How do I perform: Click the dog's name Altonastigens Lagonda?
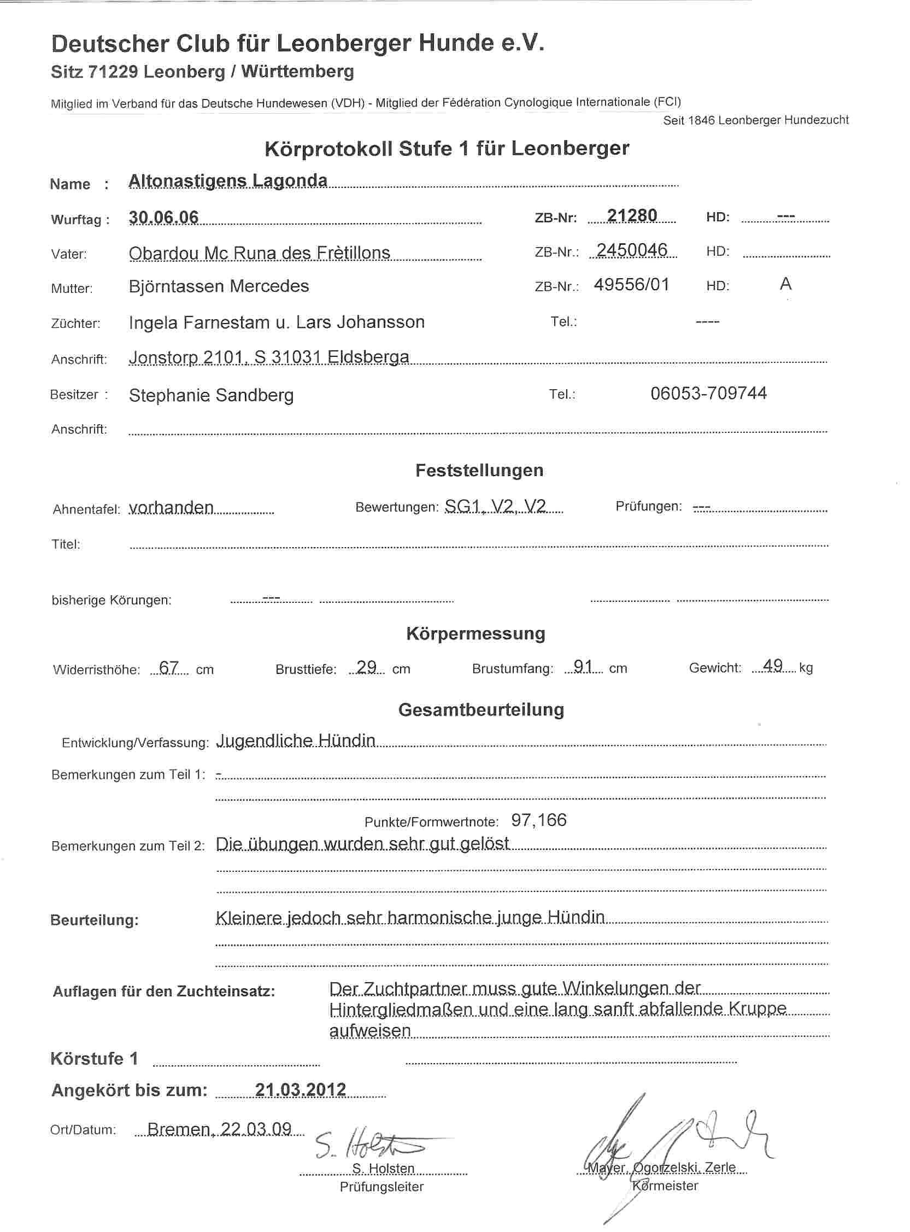pos(227,180)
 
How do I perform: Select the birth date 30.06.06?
pos(163,218)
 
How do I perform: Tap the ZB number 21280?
pos(631,215)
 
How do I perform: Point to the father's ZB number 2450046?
pos(631,250)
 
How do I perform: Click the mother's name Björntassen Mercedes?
pos(219,286)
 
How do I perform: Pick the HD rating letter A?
pos(785,284)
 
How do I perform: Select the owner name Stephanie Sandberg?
pos(211,395)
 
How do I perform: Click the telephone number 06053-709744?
pos(708,393)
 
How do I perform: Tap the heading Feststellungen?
pos(479,470)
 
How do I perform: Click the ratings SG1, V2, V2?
pos(495,507)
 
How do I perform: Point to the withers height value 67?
pos(168,668)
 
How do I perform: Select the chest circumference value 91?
pos(582,667)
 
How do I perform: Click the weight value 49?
pos(773,666)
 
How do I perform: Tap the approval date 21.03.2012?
pos(300,1090)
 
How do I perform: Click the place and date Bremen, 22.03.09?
pos(219,1130)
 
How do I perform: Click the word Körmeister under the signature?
pos(665,1186)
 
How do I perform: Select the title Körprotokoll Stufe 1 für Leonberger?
pos(447,149)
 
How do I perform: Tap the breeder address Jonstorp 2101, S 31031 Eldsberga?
pos(269,357)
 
